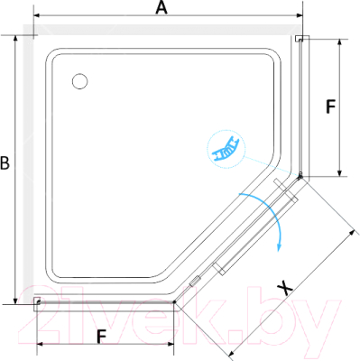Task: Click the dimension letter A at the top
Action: [162, 8]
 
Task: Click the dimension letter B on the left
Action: [5, 163]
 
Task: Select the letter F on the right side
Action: [330, 106]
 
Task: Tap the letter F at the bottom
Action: [102, 337]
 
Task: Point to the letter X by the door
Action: [284, 288]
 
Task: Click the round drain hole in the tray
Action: [80, 81]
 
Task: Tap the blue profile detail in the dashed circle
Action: [226, 149]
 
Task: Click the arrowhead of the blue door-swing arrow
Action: [280, 246]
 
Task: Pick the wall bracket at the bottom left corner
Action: [37, 302]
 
